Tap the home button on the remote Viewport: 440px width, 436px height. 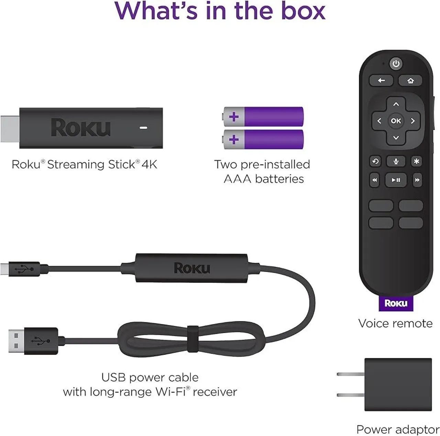pos(410,81)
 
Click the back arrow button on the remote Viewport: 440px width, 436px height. pos(381,81)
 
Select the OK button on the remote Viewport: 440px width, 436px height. pos(396,121)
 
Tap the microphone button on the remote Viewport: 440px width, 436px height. pos(396,161)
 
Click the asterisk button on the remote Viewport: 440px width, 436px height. pos(416,161)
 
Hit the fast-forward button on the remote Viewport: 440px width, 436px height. pos(417,180)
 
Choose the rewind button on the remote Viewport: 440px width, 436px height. pos(374,180)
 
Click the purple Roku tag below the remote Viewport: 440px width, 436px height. pos(396,303)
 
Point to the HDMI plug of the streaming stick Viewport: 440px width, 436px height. pos(10,128)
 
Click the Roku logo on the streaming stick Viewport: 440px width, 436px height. pos(80,128)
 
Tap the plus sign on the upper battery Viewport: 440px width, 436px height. pos(234,117)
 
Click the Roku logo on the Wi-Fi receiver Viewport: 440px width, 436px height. pos(191,268)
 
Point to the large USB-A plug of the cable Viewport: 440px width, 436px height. pos(16,341)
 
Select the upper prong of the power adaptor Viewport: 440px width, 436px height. pos(350,374)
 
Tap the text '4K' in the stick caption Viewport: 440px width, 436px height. pos(149,165)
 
